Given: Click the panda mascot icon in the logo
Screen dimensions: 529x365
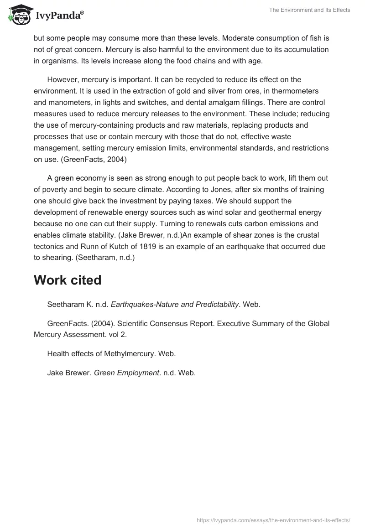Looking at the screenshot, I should point(18,15).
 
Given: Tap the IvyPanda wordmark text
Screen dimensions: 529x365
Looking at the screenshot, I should point(59,16).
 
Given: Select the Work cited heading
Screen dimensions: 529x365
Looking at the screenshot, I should point(68,280).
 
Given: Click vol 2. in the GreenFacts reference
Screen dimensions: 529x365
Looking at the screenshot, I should point(118,335).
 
